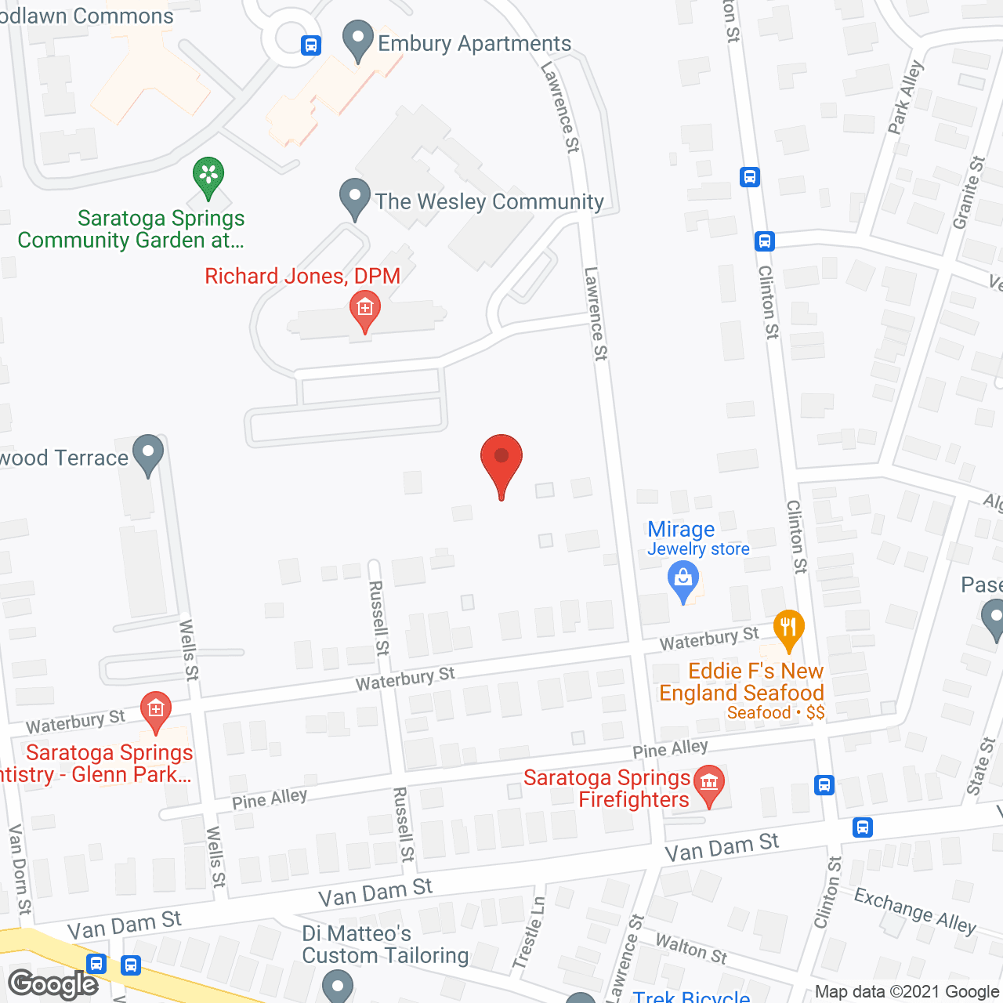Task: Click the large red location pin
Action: (x=501, y=462)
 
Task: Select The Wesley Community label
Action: (x=489, y=201)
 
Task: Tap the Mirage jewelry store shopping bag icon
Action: (x=683, y=582)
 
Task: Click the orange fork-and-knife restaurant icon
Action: (x=788, y=628)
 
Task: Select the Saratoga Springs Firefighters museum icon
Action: (x=709, y=784)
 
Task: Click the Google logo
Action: (x=53, y=983)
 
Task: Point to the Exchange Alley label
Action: (x=914, y=911)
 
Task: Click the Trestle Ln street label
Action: (x=529, y=933)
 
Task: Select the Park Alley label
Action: (x=906, y=97)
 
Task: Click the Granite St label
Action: (x=969, y=193)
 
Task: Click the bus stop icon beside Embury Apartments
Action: (x=311, y=45)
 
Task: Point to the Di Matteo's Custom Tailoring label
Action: (x=385, y=944)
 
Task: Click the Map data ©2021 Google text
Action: (x=907, y=991)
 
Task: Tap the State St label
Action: (x=980, y=766)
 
